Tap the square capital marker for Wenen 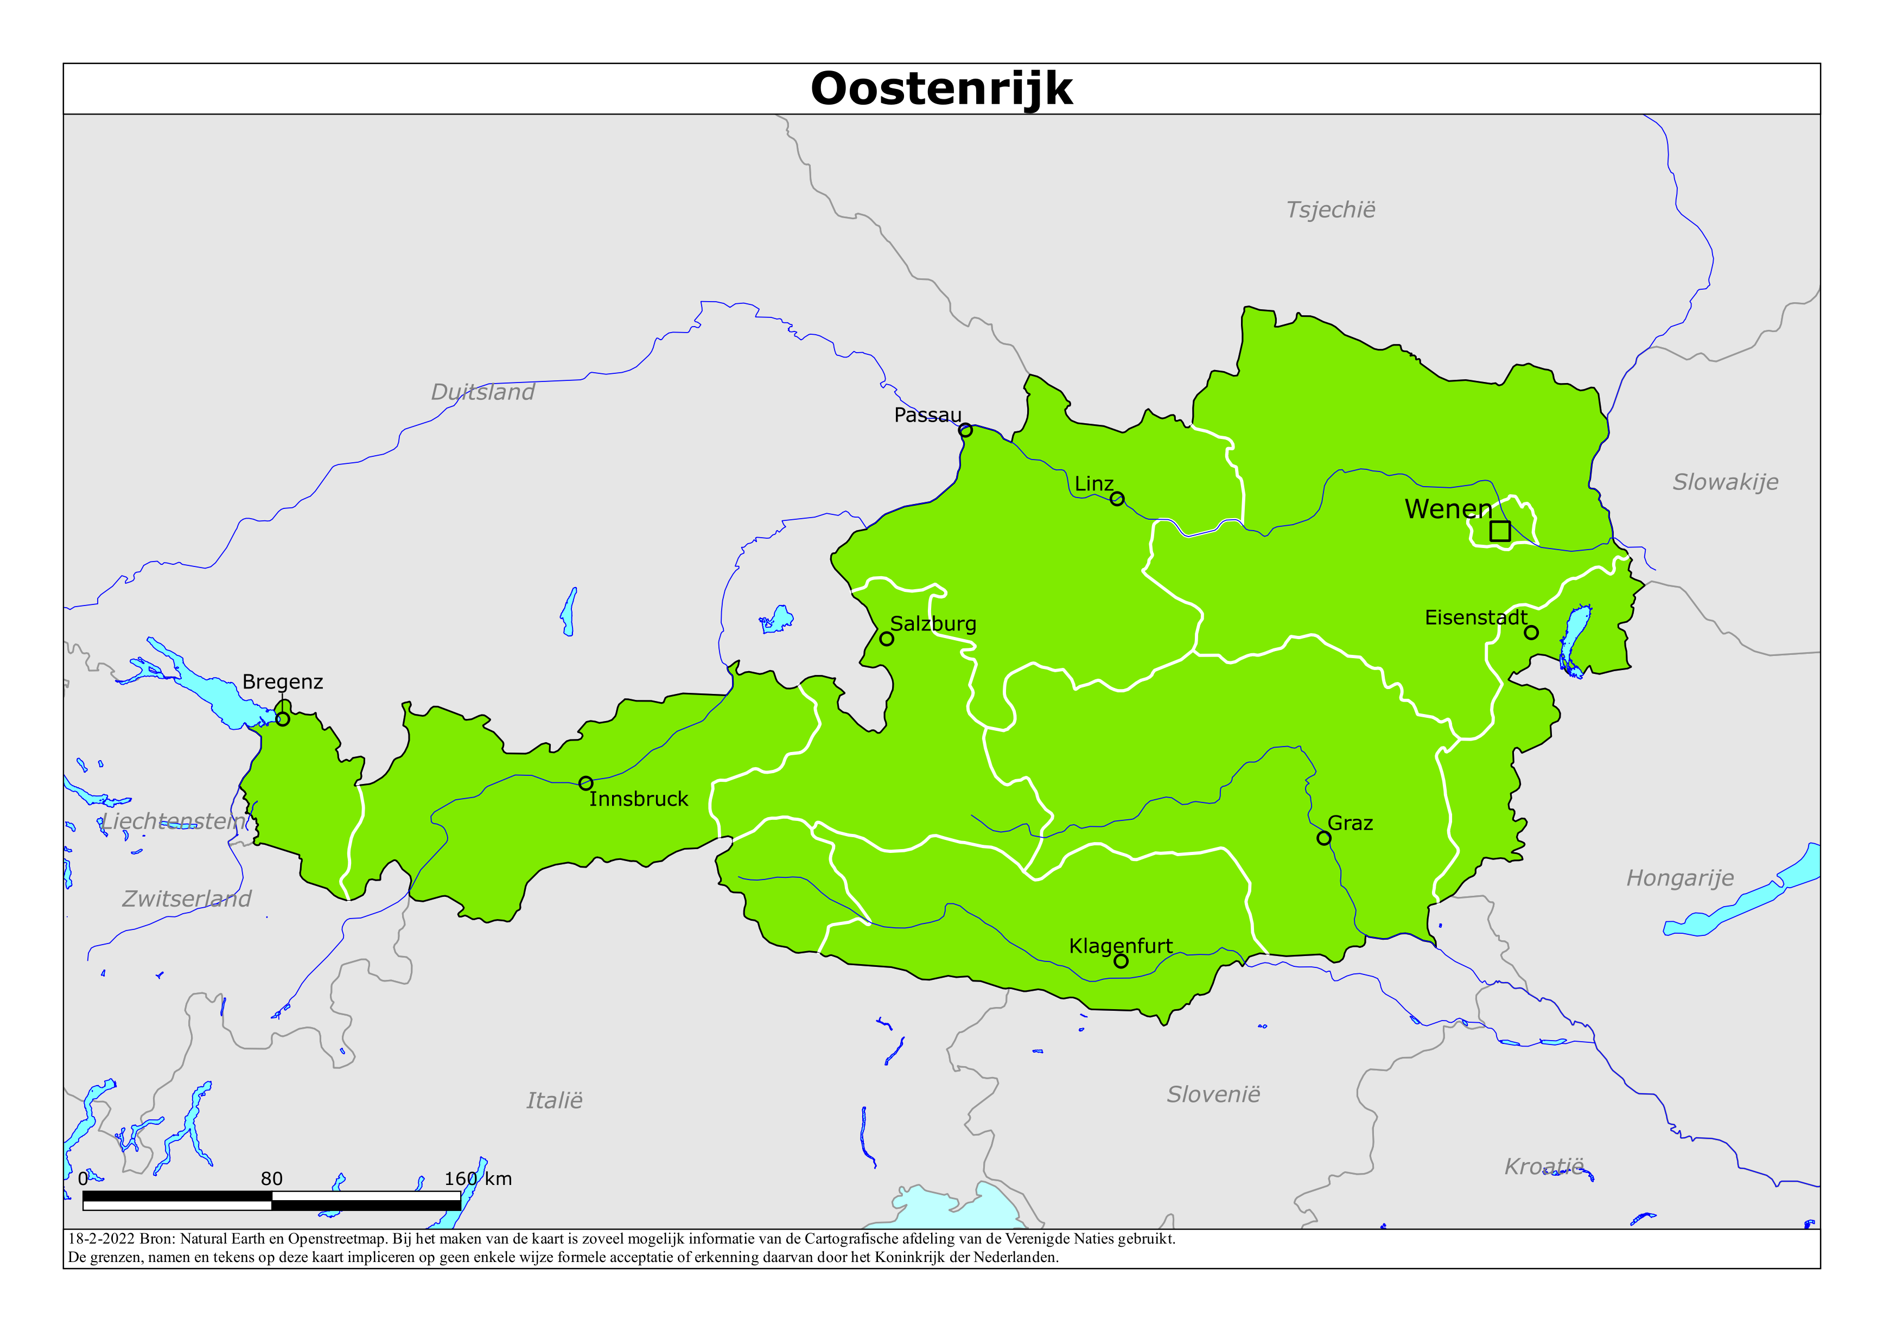[x=1500, y=531]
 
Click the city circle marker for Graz [x=1323, y=838]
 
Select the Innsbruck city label [x=638, y=799]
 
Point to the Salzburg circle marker [x=886, y=639]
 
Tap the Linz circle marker [x=1117, y=499]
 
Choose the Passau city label [x=927, y=415]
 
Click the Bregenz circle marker [x=282, y=719]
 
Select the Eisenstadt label [x=1475, y=618]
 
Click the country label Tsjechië [x=1330, y=210]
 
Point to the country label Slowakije [x=1725, y=482]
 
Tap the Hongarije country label [x=1679, y=878]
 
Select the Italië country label [x=554, y=1100]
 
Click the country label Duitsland [x=482, y=392]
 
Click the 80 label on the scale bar [x=272, y=1180]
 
